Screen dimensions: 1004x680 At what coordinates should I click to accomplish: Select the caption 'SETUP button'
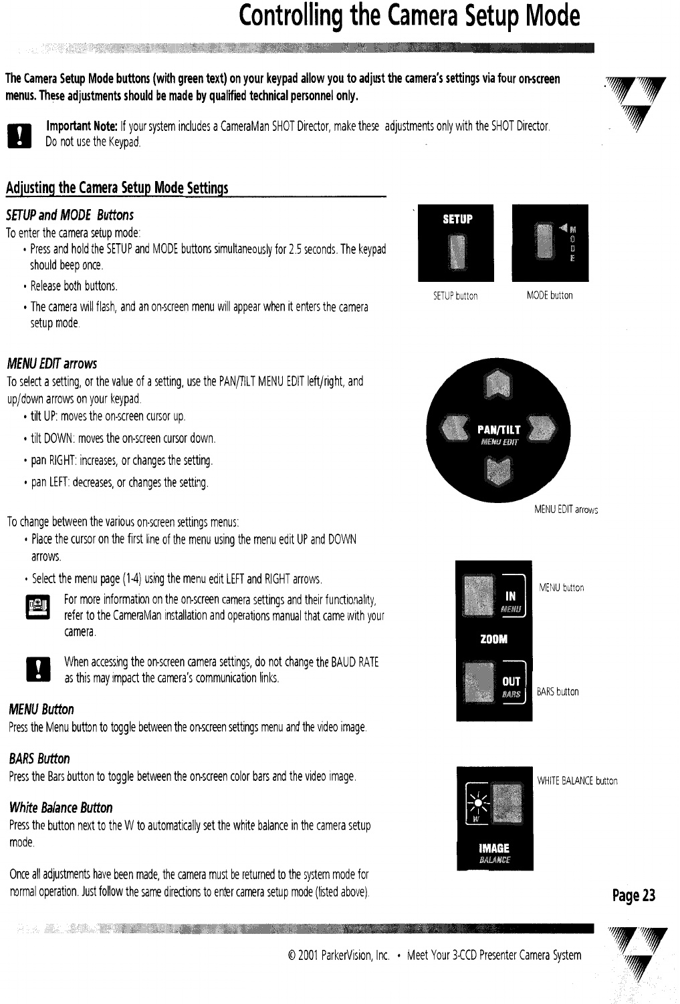pos(455,296)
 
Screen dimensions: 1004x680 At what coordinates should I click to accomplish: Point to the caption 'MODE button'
pos(550,295)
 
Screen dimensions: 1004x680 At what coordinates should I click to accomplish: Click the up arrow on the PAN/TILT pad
pos(498,385)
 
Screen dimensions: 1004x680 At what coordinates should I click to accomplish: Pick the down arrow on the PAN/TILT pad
pos(498,472)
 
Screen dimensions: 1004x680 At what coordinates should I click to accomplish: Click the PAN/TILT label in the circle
pos(498,430)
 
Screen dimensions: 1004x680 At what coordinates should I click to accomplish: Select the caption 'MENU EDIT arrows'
pos(566,510)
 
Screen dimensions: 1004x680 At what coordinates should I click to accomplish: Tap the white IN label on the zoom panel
pos(510,595)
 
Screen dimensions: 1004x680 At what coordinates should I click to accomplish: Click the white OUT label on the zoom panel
pos(511,681)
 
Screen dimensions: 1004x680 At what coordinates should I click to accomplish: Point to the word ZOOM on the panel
pos(494,639)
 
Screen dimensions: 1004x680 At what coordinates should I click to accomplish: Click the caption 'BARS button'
pos(558,692)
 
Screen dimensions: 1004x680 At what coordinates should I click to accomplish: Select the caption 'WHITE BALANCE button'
pos(577,781)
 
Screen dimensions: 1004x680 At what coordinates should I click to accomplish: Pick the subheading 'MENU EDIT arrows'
pos(51,364)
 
